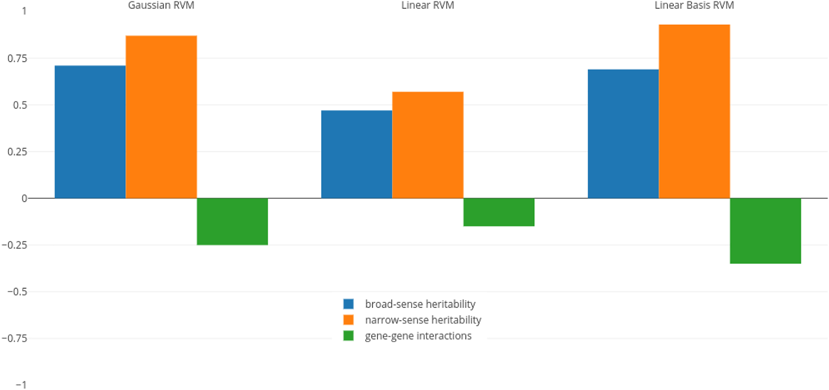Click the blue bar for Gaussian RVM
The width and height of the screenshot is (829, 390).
point(90,132)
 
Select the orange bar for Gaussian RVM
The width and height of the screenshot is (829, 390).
point(161,117)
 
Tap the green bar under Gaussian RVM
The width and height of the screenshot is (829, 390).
point(232,221)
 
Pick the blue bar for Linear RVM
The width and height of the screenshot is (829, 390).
point(356,155)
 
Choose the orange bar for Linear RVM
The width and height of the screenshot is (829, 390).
point(428,145)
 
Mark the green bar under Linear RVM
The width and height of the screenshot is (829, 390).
point(499,212)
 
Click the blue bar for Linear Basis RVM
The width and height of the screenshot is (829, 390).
point(623,134)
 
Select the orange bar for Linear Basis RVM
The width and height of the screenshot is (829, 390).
point(694,111)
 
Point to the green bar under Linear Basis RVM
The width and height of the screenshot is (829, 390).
point(765,231)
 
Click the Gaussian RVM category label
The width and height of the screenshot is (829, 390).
point(161,6)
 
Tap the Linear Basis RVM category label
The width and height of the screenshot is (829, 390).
point(694,6)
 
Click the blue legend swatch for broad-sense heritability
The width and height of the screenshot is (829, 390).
point(349,304)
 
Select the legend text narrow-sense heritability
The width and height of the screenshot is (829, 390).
point(423,320)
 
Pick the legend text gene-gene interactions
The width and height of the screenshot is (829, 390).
point(418,336)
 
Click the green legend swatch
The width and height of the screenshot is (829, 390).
point(349,336)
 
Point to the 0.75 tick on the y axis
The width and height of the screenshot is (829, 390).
point(17,59)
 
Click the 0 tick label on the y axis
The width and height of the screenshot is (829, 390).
point(24,199)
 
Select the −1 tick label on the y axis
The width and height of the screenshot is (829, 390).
point(21,385)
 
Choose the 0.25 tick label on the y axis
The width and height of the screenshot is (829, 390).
point(17,152)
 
